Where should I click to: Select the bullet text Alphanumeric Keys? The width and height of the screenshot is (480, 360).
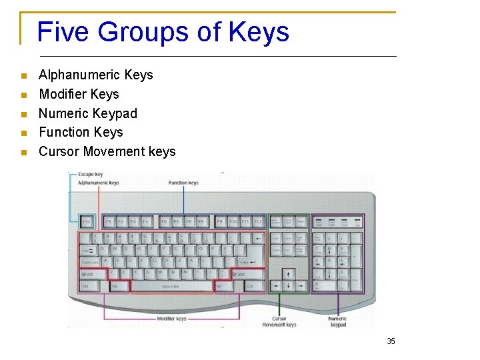coord(96,75)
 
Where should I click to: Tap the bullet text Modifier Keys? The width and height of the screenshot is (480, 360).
coord(79,94)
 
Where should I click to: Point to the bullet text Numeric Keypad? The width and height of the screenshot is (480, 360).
coord(88,113)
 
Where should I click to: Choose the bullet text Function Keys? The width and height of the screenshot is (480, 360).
coord(81,132)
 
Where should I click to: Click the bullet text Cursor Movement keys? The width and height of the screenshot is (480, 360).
coord(107,151)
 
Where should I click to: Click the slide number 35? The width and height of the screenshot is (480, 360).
coord(391,341)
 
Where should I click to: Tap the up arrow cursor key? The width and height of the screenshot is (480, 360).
coord(288,274)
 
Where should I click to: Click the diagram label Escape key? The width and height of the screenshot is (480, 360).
coord(91,175)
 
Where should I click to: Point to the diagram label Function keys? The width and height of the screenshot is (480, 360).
coord(183,183)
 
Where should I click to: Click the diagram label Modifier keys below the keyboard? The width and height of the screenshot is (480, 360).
coord(172,319)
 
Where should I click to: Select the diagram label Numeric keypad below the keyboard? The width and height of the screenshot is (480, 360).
coord(338,321)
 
